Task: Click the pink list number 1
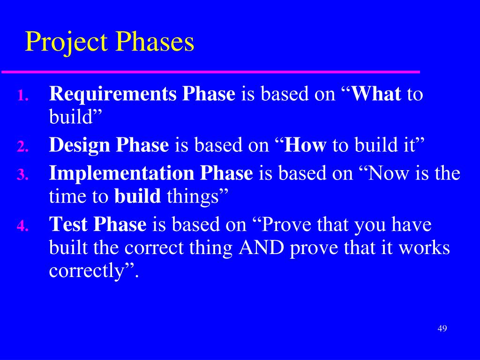point(22,95)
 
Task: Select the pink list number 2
point(22,146)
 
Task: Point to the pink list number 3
point(22,175)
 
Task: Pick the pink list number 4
point(22,226)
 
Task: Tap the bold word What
point(375,93)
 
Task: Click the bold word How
point(305,145)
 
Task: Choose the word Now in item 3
point(388,173)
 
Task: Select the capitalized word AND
point(261,247)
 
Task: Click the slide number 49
point(442,329)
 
